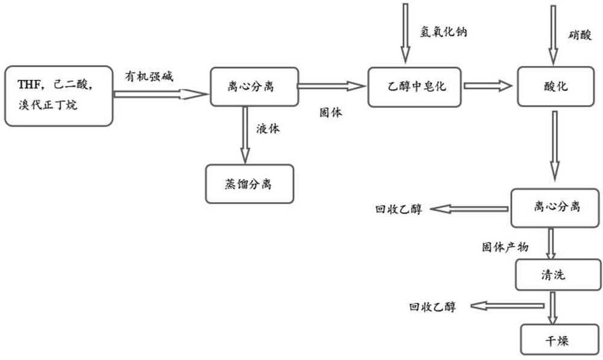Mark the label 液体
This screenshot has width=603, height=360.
268,128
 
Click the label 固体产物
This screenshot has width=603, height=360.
505,247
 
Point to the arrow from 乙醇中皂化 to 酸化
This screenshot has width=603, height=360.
486,87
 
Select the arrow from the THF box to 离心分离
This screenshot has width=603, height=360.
160,93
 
